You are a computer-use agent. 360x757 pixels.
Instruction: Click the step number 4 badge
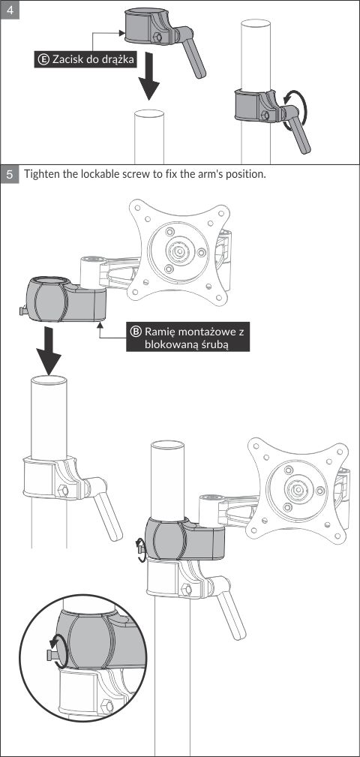point(10,10)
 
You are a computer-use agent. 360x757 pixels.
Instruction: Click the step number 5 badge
point(10,175)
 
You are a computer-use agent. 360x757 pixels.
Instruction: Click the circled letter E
point(43,60)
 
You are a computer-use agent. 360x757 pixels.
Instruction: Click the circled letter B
point(136,332)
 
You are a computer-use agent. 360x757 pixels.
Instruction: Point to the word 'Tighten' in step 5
point(41,174)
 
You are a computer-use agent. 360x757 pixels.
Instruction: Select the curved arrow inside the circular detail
point(56,651)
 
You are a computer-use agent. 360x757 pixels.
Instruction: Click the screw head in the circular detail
point(49,655)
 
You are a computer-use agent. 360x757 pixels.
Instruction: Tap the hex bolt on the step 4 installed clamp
point(264,116)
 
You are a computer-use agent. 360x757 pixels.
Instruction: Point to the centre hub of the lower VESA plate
point(295,490)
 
